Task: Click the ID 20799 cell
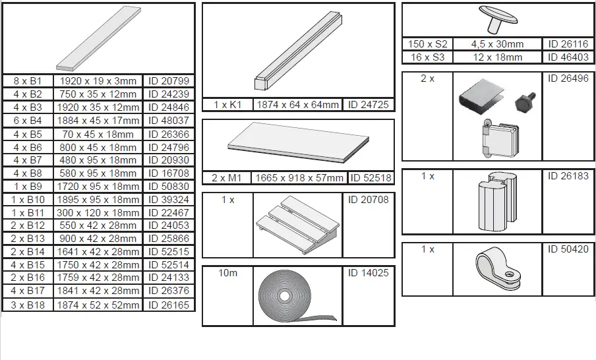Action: (x=169, y=81)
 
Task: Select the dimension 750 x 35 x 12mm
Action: (x=98, y=94)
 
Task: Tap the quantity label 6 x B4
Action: (x=28, y=121)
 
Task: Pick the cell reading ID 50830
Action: (x=169, y=186)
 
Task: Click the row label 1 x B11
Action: (x=28, y=212)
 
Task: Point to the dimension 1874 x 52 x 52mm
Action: (x=98, y=304)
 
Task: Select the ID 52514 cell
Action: (x=169, y=264)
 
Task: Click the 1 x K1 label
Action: (x=227, y=105)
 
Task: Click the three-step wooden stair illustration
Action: (x=297, y=225)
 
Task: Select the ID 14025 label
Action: (x=368, y=273)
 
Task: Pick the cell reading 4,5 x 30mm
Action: (x=497, y=44)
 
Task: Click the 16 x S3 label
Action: (x=428, y=57)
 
